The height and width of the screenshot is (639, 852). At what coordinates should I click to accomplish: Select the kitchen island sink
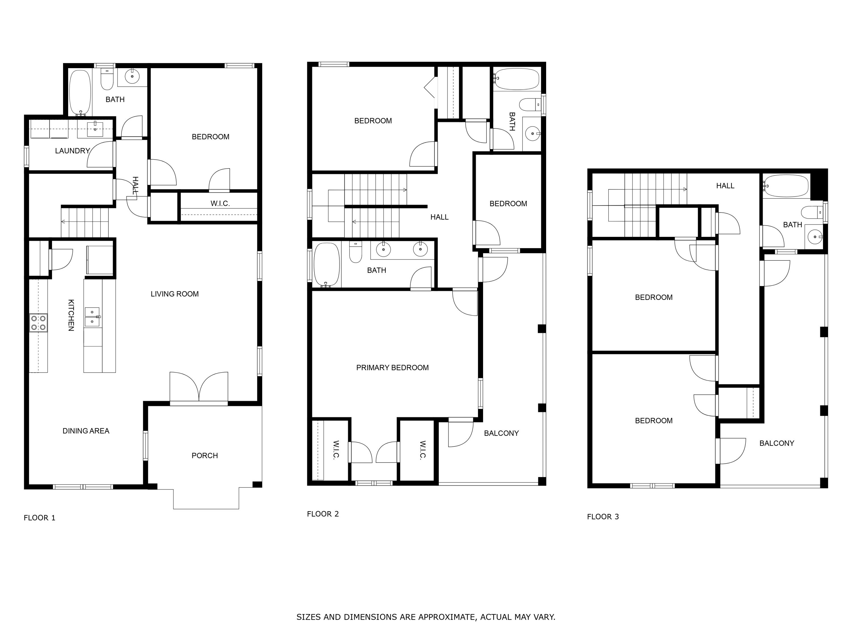(92, 317)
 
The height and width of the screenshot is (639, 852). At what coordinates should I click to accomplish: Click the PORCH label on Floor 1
(204, 456)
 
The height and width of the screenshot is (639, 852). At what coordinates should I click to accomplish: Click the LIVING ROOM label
(174, 294)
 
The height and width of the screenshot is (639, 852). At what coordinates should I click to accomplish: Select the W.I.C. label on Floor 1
(220, 204)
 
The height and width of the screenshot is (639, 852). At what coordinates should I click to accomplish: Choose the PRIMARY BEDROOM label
(392, 368)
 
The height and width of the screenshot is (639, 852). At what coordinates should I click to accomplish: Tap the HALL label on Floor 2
(439, 217)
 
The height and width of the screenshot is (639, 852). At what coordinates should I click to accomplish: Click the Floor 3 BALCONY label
(776, 443)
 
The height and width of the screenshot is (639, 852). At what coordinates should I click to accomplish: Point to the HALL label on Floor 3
(725, 186)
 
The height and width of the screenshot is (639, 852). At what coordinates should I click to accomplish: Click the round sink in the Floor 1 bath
(132, 76)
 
